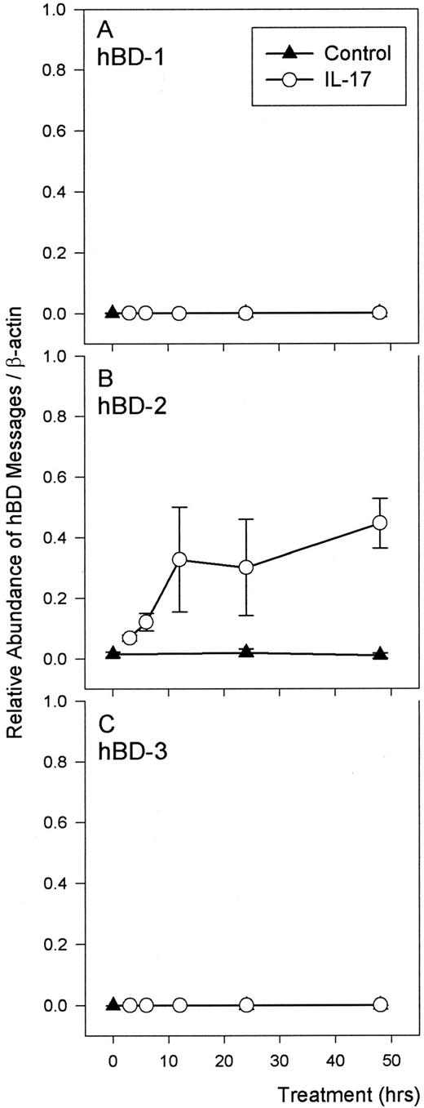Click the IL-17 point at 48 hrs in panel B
click(x=379, y=523)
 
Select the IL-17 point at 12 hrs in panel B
click(x=179, y=559)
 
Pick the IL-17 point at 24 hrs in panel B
click(x=246, y=567)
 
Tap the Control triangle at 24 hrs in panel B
click(x=246, y=651)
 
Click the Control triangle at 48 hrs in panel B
click(x=379, y=654)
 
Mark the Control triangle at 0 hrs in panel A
click(x=113, y=312)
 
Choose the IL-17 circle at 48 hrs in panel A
click(x=379, y=312)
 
